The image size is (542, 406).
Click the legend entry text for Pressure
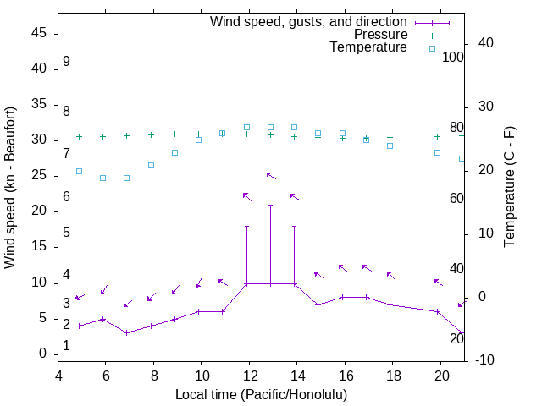tap(380, 35)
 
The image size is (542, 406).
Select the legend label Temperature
tap(368, 47)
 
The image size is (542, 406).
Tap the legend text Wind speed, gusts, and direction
tap(309, 22)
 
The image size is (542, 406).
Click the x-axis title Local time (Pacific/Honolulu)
tap(261, 394)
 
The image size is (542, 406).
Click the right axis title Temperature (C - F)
tap(509, 186)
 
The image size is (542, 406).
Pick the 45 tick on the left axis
tap(39, 33)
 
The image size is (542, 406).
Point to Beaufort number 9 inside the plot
tap(66, 62)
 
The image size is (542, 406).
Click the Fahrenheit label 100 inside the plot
tap(453, 57)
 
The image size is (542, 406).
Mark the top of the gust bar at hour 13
tap(270, 205)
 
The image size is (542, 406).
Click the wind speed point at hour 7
tap(126, 332)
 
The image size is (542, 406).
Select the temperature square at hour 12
tap(246, 127)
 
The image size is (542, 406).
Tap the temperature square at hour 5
tap(79, 171)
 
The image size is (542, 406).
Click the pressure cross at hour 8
tap(151, 134)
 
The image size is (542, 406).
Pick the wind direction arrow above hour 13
tap(271, 175)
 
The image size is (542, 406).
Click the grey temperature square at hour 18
tap(390, 145)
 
